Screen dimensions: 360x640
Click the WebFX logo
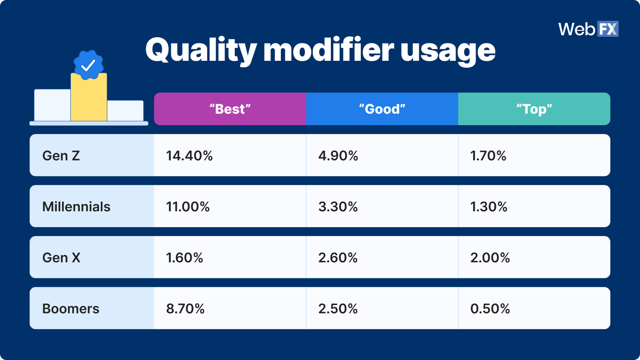click(588, 29)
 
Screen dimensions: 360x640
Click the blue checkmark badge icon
click(88, 65)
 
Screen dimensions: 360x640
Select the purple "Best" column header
click(230, 109)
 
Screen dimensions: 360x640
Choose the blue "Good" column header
click(382, 109)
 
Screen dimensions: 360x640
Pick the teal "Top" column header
click(534, 109)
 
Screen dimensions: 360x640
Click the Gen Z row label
click(61, 156)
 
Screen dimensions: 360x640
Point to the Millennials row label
click(76, 206)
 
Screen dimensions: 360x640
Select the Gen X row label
click(61, 258)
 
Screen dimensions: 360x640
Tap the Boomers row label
click(71, 308)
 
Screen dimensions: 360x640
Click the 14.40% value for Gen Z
click(189, 156)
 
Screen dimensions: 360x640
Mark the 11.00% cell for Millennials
click(188, 206)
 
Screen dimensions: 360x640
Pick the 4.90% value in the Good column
click(338, 156)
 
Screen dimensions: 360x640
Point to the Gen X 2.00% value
click(490, 258)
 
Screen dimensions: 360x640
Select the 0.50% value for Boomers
click(490, 308)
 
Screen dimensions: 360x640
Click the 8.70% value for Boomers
click(185, 308)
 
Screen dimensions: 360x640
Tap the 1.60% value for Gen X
click(184, 258)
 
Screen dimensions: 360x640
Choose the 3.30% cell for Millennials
click(338, 206)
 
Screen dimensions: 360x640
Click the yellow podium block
click(89, 100)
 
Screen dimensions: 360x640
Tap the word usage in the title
click(448, 50)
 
